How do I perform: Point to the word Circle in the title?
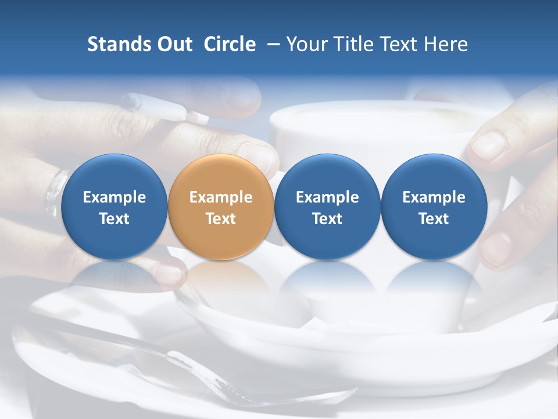point(230,44)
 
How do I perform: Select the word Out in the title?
point(173,44)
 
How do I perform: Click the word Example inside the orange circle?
point(221,197)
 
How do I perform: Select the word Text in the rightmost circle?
point(434,219)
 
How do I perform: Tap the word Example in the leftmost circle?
point(114,197)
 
